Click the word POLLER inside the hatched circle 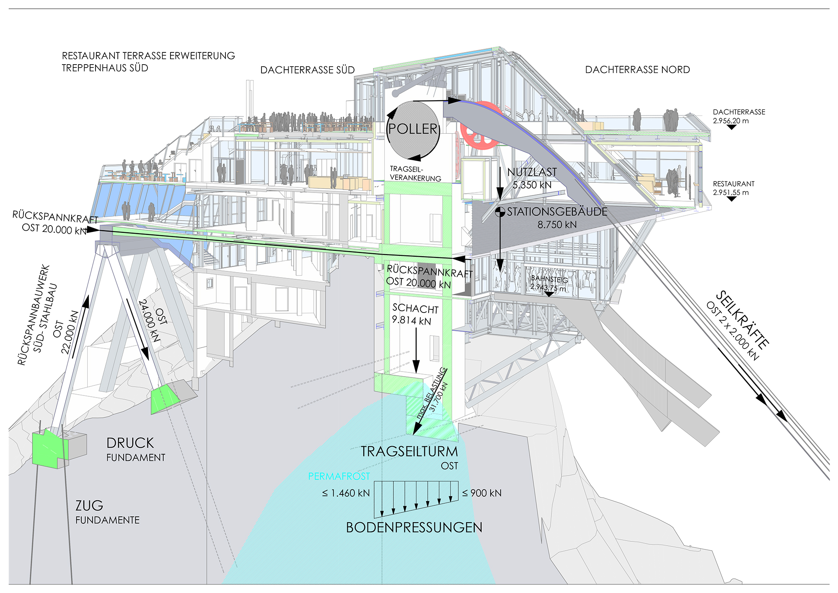(x=413, y=129)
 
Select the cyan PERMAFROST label (x=339, y=476)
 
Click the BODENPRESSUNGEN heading (x=414, y=528)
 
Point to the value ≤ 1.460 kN (x=346, y=493)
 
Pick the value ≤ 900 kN (x=482, y=493)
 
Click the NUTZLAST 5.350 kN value (x=532, y=185)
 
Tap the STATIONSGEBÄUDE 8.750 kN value (x=557, y=224)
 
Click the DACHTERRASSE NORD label (x=637, y=70)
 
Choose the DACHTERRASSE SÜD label (x=308, y=70)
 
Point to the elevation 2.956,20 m (x=731, y=121)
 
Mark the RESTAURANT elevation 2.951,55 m (x=731, y=192)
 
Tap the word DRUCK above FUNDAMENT (x=130, y=443)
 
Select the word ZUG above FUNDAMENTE (x=89, y=506)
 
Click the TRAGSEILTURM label (x=409, y=452)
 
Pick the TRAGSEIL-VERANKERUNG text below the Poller (x=415, y=174)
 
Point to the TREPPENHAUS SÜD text (x=105, y=68)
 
